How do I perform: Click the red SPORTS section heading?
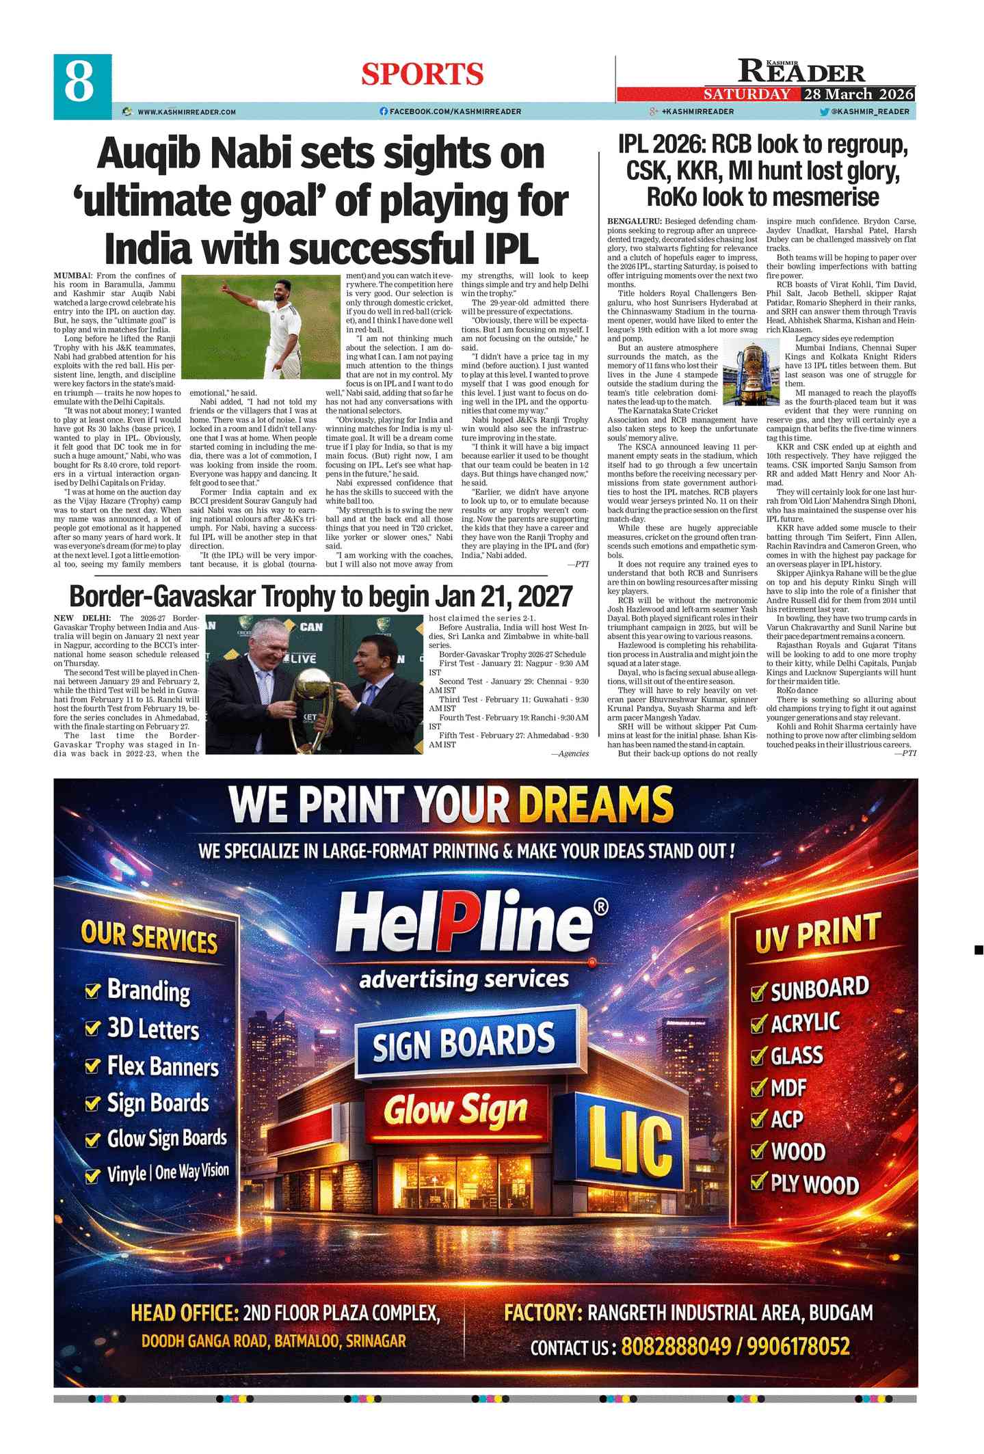pos(422,75)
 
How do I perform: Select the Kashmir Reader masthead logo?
pos(801,72)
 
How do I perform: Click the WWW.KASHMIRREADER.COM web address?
pos(186,111)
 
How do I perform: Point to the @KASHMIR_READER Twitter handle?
pos(870,111)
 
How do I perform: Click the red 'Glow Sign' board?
pos(455,1110)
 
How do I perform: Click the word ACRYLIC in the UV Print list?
pos(805,1023)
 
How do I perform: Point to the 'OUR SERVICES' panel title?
pos(149,936)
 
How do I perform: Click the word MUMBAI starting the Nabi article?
pos(73,275)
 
